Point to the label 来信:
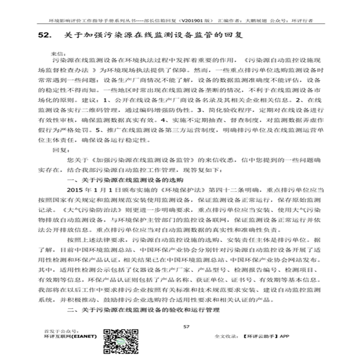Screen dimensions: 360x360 pyautogui.click(x=57, y=51)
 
